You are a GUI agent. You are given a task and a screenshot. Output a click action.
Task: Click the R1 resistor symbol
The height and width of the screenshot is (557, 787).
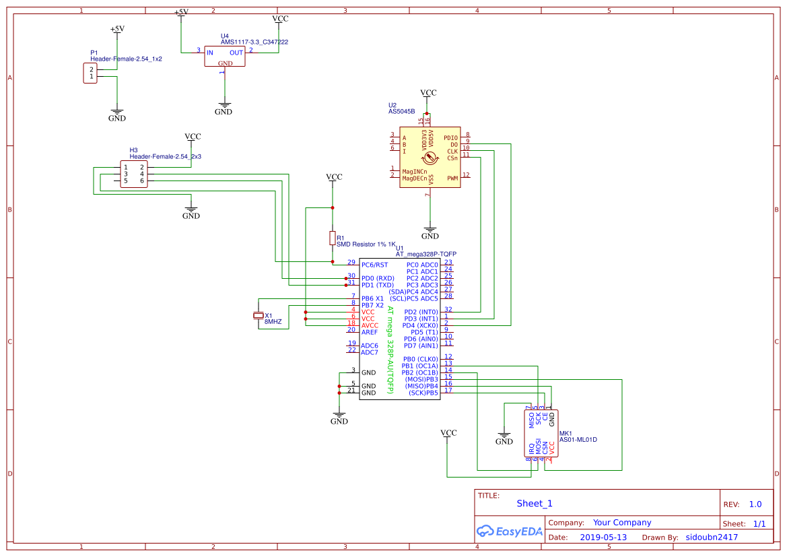332,238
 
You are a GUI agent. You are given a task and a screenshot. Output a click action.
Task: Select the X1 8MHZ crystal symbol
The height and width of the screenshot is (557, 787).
257,315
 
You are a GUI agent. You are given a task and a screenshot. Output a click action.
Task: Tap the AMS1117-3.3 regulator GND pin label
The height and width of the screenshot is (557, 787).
226,63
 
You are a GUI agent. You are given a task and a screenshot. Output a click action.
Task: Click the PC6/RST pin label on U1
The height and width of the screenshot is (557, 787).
374,265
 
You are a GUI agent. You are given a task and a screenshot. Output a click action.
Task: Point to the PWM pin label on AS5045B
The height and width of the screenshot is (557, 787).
452,178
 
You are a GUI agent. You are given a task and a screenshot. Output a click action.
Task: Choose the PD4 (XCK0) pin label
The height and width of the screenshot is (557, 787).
421,325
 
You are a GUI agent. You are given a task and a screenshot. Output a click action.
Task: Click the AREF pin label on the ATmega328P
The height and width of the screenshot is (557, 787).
369,332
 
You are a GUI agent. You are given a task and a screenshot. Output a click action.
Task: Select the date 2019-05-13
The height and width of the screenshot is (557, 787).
603,537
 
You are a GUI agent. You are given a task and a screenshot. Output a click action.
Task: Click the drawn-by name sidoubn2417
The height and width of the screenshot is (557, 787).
712,537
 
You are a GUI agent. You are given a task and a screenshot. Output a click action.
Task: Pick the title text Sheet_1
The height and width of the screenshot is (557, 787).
534,503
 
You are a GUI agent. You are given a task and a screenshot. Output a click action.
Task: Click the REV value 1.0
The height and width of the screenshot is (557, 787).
755,504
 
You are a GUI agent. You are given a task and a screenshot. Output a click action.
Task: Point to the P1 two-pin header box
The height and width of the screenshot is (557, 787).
90,73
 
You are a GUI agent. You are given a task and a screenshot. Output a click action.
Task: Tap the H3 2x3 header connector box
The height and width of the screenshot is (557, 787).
133,174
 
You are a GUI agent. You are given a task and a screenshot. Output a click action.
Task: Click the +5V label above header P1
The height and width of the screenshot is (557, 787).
117,29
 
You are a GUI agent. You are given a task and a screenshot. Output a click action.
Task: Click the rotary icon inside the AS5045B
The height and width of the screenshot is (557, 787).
429,160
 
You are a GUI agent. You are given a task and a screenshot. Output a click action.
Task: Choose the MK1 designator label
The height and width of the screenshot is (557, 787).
566,433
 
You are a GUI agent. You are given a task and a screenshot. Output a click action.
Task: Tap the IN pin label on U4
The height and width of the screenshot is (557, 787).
210,53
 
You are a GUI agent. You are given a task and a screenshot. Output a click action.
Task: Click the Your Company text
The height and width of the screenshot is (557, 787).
621,523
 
